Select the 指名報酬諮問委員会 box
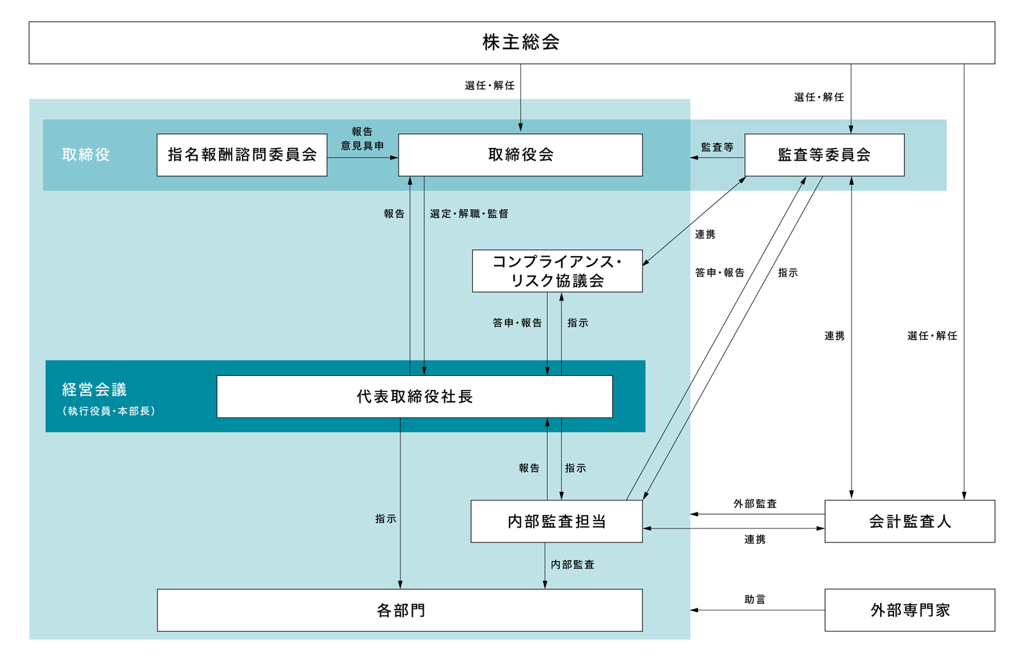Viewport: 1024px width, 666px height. pyautogui.click(x=242, y=155)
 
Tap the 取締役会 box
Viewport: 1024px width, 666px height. pyautogui.click(x=520, y=155)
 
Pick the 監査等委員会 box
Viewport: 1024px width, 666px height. pyautogui.click(x=824, y=155)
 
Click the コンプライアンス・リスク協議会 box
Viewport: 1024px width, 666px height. pyautogui.click(x=557, y=271)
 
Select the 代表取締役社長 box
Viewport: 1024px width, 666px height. pyautogui.click(x=415, y=396)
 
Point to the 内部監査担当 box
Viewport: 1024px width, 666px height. pyautogui.click(x=556, y=521)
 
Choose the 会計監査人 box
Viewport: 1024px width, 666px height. pyautogui.click(x=909, y=521)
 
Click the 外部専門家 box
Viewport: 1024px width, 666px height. pyautogui.click(x=909, y=610)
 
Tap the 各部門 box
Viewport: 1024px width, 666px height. pyautogui.click(x=400, y=610)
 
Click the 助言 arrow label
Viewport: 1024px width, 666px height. pyautogui.click(x=755, y=599)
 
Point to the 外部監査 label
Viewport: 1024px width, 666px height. pyautogui.click(x=755, y=504)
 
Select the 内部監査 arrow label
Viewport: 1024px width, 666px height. pyautogui.click(x=573, y=564)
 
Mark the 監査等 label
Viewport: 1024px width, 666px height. pyautogui.click(x=717, y=147)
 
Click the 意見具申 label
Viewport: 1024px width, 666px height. pyautogui.click(x=362, y=146)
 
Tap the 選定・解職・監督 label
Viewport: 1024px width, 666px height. pyautogui.click(x=469, y=214)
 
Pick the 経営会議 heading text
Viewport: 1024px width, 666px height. pyautogui.click(x=94, y=389)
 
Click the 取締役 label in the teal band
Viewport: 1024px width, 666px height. pyautogui.click(x=86, y=155)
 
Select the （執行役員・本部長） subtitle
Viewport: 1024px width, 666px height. pyautogui.click(x=109, y=411)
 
